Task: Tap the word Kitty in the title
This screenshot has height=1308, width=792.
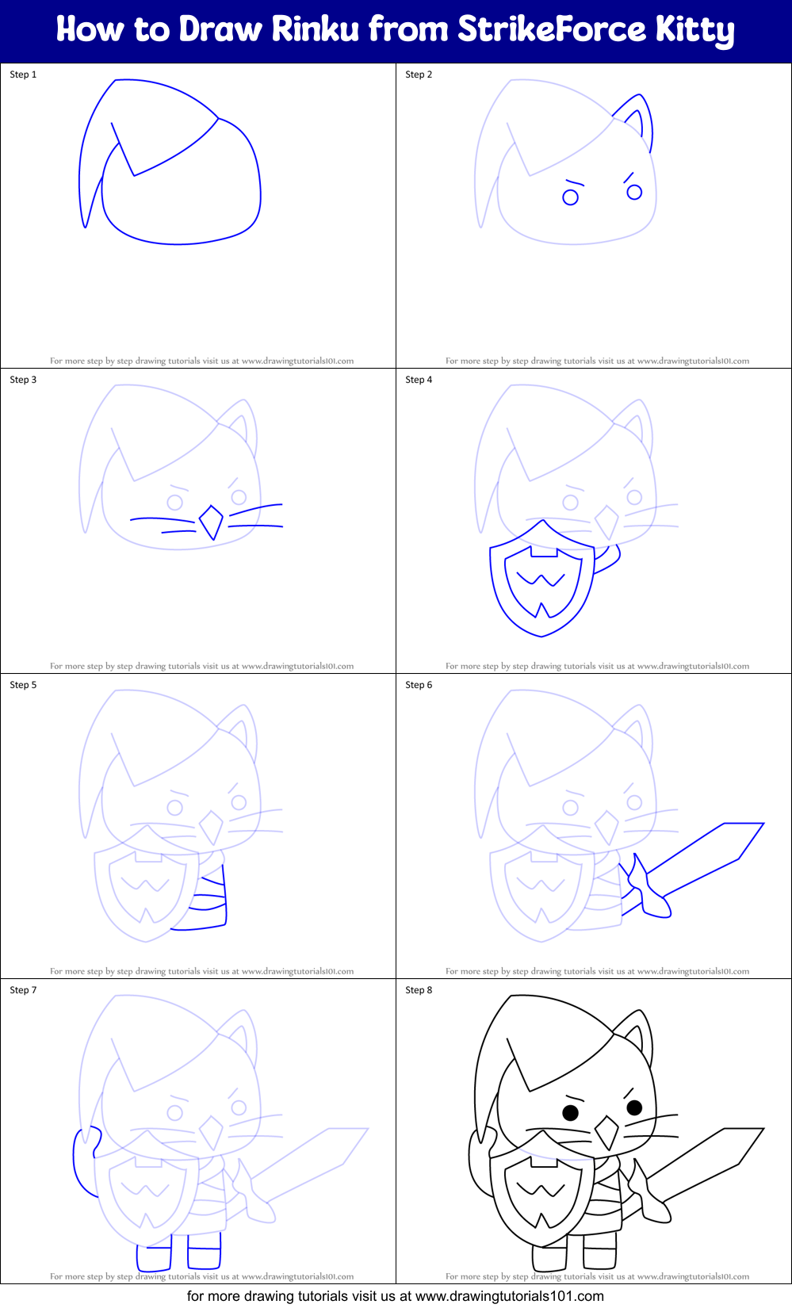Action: [694, 30]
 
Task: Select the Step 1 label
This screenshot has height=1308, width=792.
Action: [23, 75]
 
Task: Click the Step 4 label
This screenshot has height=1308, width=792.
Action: [419, 380]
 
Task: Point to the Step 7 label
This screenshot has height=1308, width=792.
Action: [23, 990]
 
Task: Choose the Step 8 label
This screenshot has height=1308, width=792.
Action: [419, 990]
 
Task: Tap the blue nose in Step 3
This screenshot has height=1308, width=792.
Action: [211, 522]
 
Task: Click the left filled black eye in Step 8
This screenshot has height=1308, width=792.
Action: [570, 1112]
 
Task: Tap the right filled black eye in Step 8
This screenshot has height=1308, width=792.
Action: [634, 1107]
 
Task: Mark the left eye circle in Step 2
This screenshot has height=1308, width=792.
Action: [570, 197]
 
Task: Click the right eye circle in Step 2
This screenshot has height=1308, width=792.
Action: [634, 192]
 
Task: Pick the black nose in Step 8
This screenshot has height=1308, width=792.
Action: [606, 1133]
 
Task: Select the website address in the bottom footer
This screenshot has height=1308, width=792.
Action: [509, 1296]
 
